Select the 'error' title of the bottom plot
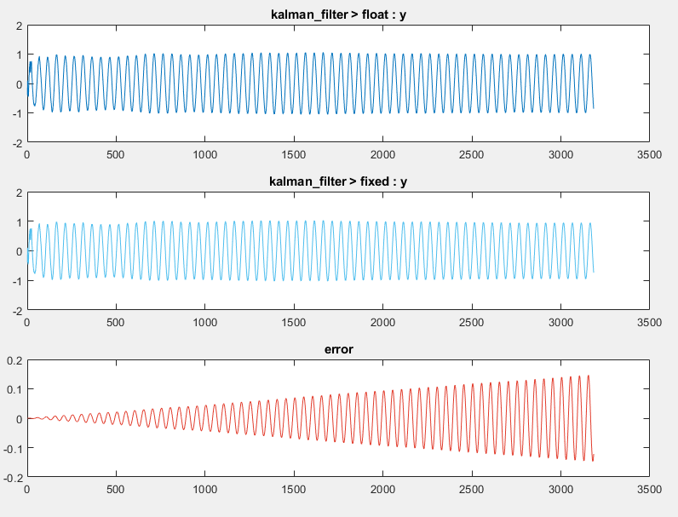pyautogui.click(x=338, y=349)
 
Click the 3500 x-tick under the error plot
pyautogui.click(x=649, y=491)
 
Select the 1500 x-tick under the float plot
pyautogui.click(x=293, y=155)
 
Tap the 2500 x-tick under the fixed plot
pyautogui.click(x=471, y=323)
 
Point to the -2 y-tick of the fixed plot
pyautogui.click(x=16, y=311)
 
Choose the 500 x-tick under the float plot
pyautogui.click(x=116, y=155)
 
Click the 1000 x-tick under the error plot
pyautogui.click(x=204, y=491)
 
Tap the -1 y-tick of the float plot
pyautogui.click(x=16, y=113)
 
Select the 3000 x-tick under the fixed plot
pyautogui.click(x=560, y=323)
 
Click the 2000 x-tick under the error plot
pyautogui.click(x=382, y=491)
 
